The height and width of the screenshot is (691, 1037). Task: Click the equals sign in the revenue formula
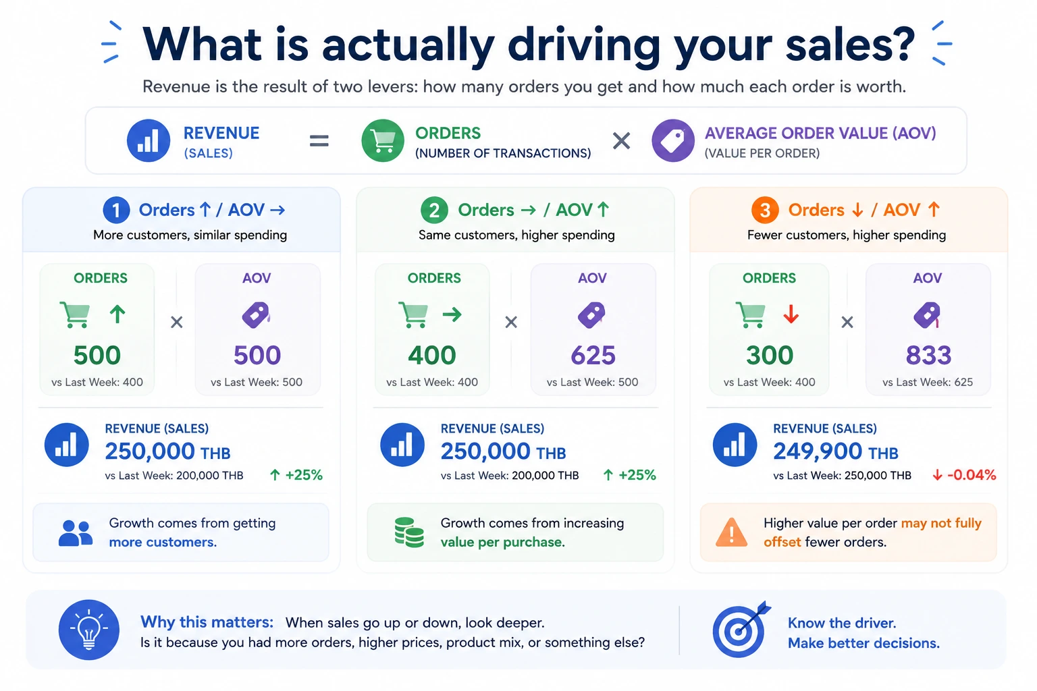coord(319,140)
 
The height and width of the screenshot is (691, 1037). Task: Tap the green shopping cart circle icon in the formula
coord(382,140)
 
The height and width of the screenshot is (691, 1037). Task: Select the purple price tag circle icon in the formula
coord(672,140)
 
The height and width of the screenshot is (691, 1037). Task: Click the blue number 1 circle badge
coord(116,210)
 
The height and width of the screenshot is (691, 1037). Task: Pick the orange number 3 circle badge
coord(765,210)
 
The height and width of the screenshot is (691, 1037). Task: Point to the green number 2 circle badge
coord(434,210)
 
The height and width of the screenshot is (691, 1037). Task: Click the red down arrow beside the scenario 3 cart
coord(791,314)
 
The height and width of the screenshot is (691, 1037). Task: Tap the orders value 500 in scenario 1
coord(97,355)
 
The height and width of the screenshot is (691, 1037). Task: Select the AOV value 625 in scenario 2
coord(593,355)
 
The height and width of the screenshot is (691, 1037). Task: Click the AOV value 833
coord(928,355)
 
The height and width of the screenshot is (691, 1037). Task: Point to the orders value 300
coord(770,355)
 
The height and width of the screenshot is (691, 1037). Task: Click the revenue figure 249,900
coord(818,451)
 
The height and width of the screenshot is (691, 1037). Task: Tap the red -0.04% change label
coord(965,475)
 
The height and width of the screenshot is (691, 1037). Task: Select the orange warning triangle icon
coord(731,532)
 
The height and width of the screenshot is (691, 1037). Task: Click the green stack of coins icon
coord(408,532)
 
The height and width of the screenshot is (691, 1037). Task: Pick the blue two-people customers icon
coord(76,533)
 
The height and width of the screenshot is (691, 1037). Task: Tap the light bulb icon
coord(89,630)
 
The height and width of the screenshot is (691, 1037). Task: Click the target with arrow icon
coord(740,630)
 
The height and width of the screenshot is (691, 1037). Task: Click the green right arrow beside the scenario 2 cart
coord(452,314)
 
